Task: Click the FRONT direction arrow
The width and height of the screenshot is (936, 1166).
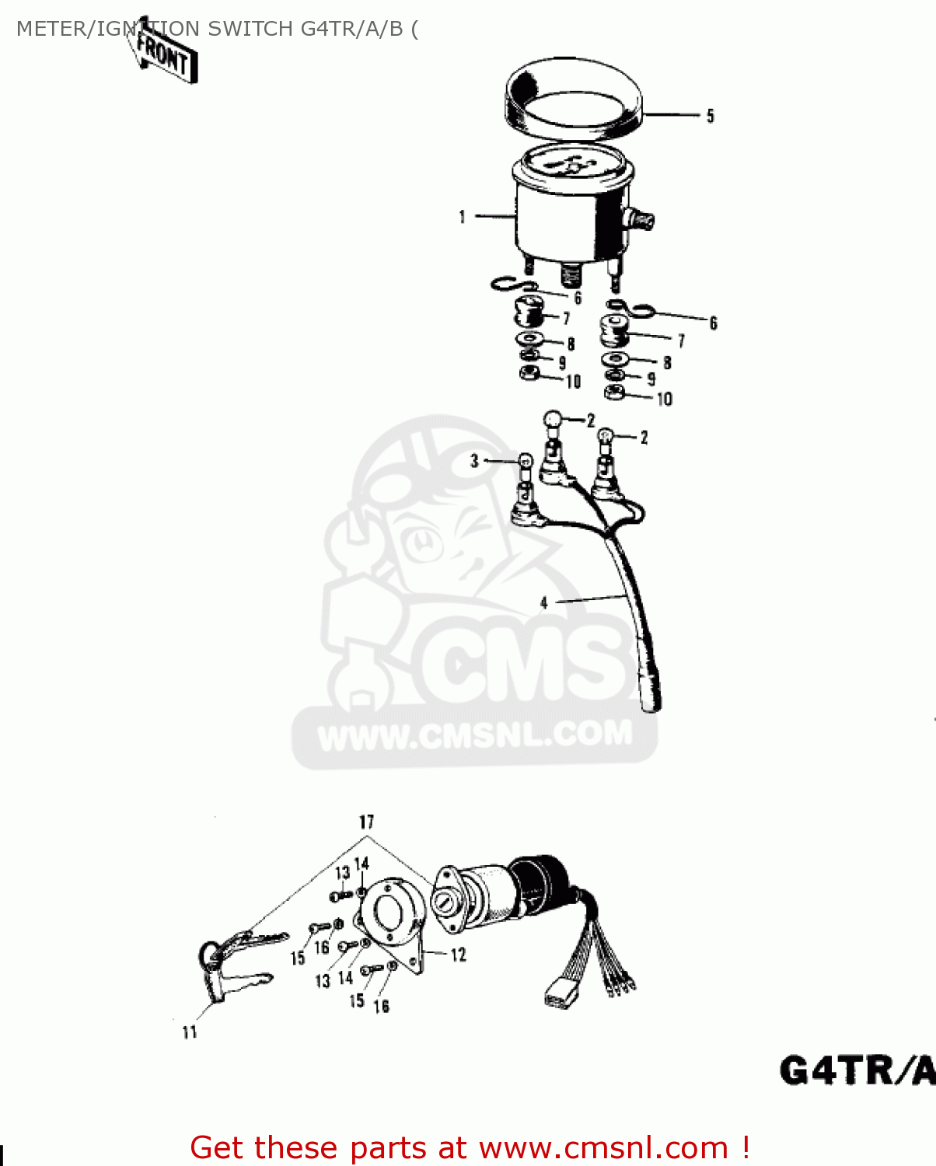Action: pos(165,56)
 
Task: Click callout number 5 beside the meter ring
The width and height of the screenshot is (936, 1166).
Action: pos(710,117)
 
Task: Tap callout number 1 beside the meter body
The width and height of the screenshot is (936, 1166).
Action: pos(463,217)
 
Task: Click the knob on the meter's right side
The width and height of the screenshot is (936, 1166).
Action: pos(642,220)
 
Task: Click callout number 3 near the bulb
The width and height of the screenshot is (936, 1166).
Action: pos(474,461)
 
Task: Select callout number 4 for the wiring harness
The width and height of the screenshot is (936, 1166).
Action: pos(544,602)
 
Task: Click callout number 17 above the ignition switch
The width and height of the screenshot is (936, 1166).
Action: pos(366,822)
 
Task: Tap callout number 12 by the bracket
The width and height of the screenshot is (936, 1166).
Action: pos(458,954)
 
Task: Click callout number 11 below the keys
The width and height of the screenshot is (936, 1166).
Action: pos(190,1032)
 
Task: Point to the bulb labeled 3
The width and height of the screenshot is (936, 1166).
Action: pos(526,462)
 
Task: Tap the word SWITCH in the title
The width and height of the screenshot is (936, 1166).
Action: pos(246,29)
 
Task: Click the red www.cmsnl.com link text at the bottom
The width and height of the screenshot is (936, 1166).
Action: pos(603,1147)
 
